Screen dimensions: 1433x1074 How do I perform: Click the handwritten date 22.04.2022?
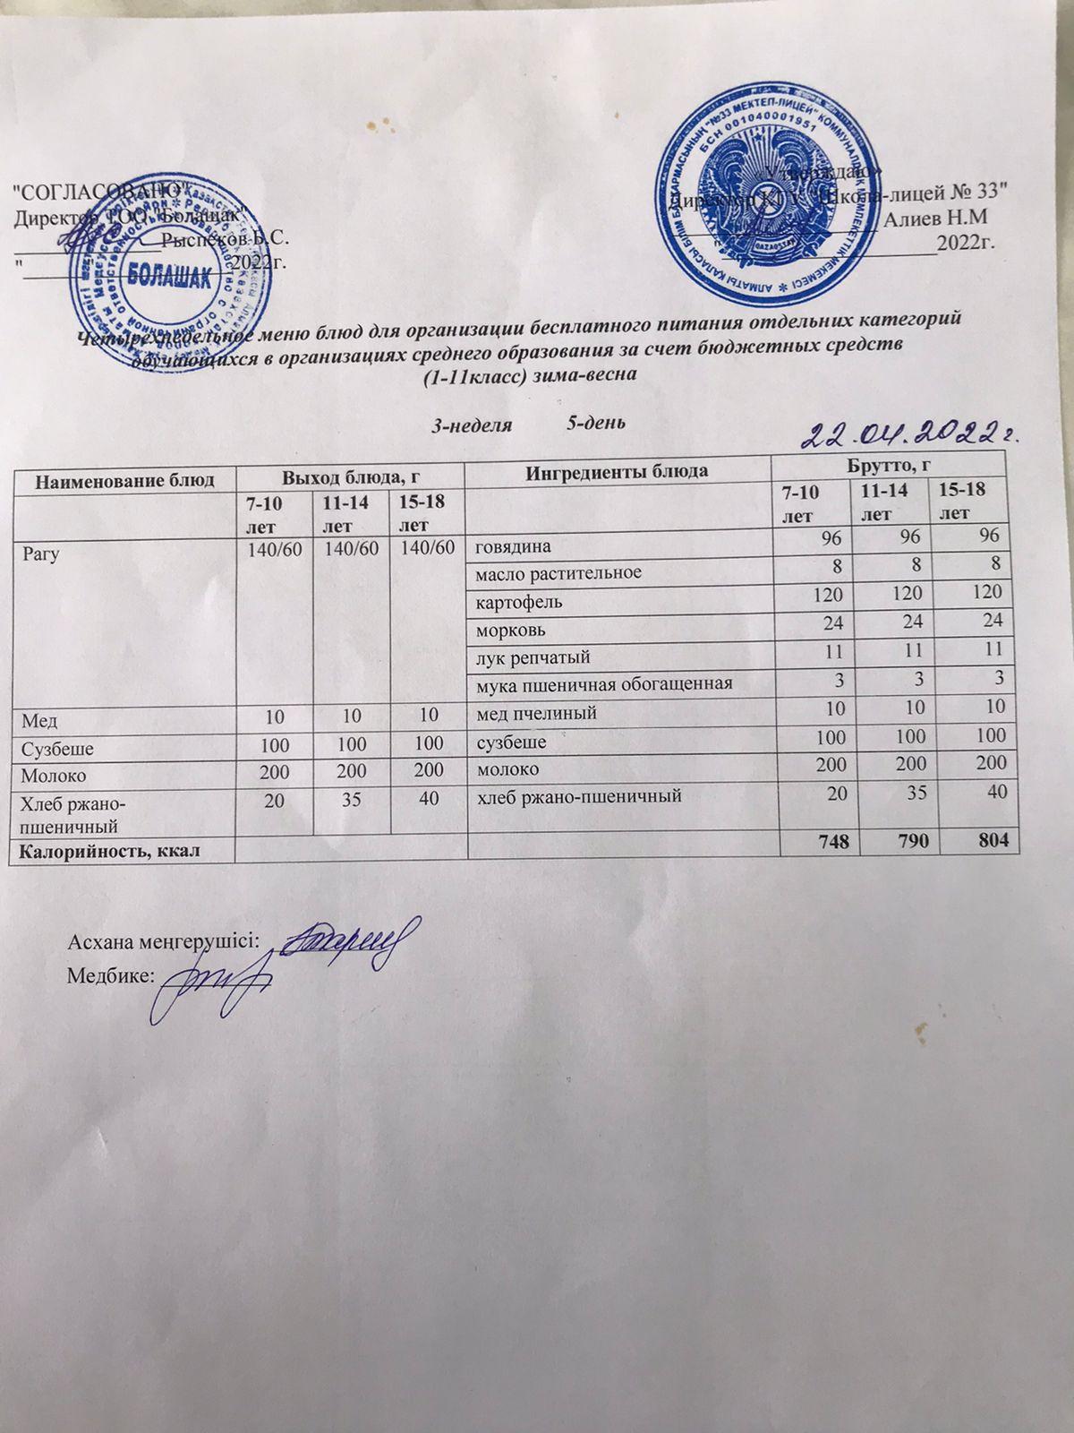coord(911,435)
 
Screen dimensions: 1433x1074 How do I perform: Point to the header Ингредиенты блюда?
coord(618,471)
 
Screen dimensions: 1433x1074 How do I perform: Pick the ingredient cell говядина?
coord(513,545)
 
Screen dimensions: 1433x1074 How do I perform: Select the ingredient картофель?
coord(519,601)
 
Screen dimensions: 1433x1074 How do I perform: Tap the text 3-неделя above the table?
coord(472,425)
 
